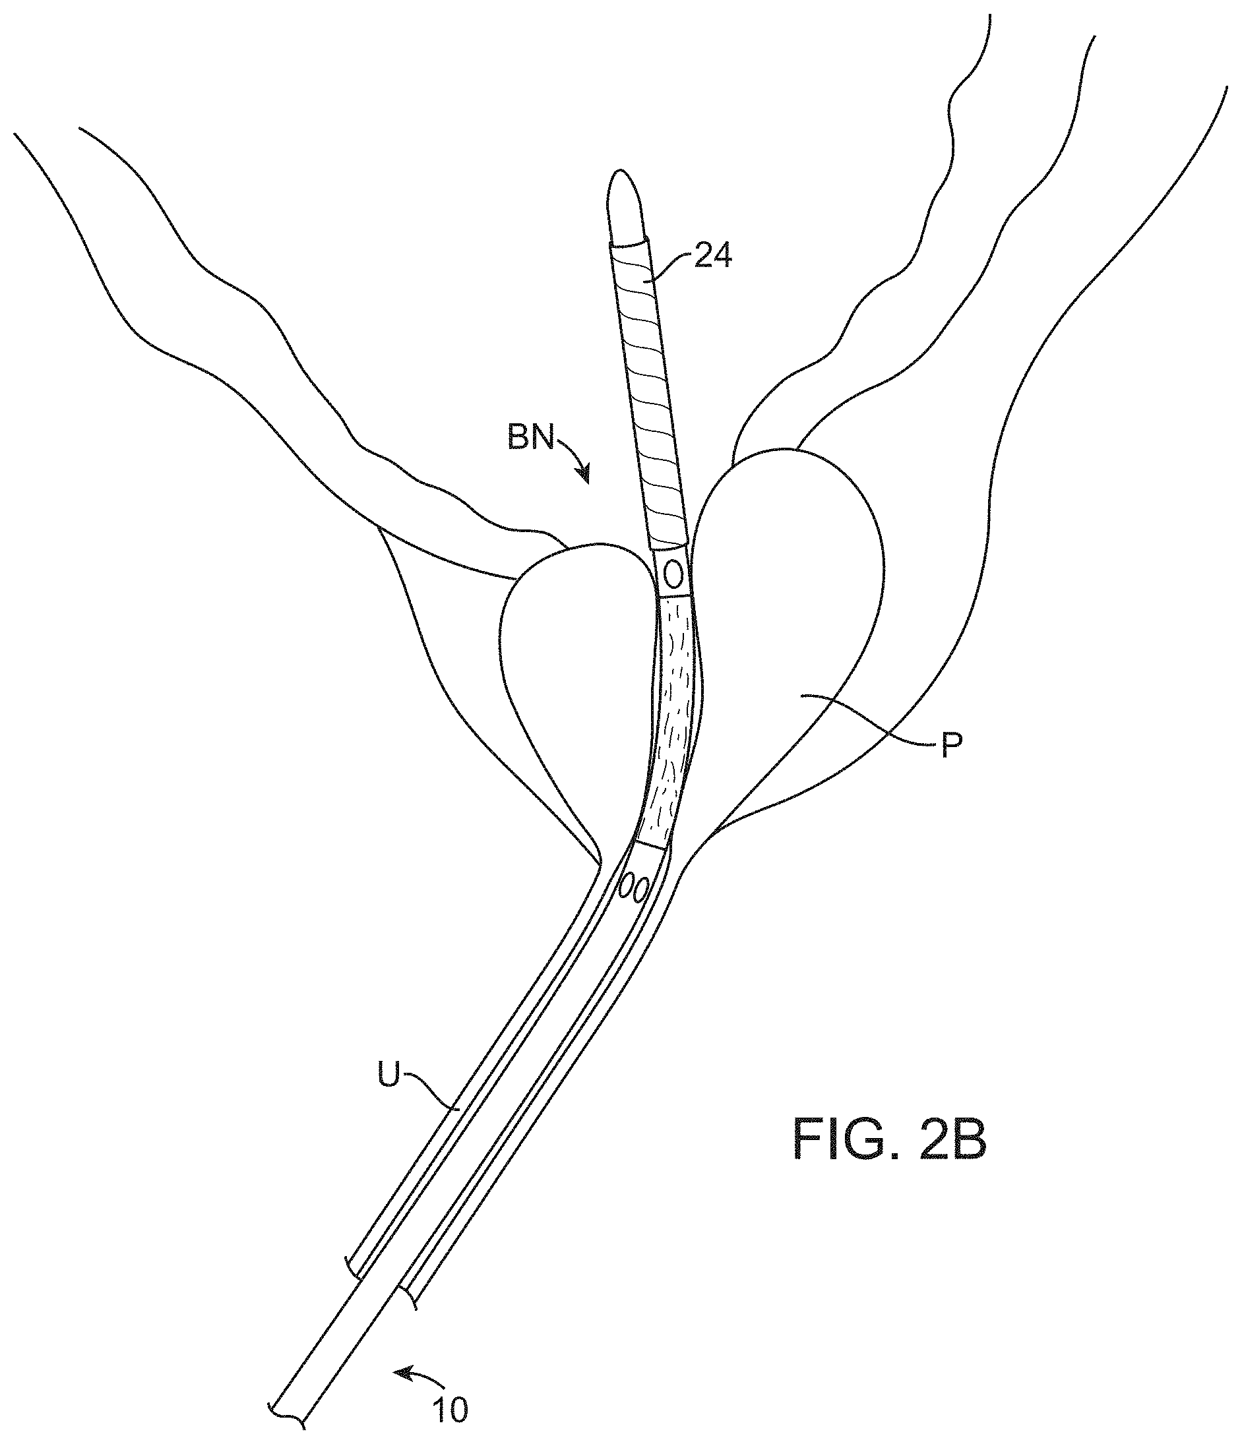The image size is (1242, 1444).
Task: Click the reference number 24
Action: (x=713, y=256)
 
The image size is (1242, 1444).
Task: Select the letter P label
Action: (x=950, y=746)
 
